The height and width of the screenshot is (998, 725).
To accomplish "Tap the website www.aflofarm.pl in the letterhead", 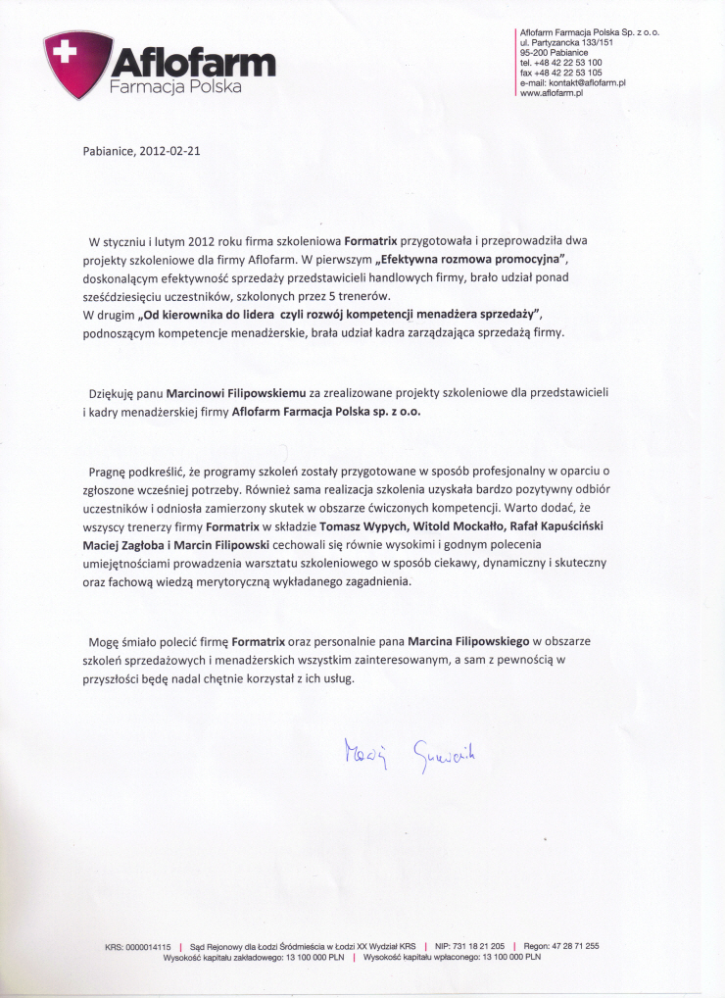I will [x=552, y=92].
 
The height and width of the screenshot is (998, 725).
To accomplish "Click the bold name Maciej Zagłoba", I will [x=137, y=544].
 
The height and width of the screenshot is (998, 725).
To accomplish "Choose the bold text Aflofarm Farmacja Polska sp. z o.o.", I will [x=326, y=412].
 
